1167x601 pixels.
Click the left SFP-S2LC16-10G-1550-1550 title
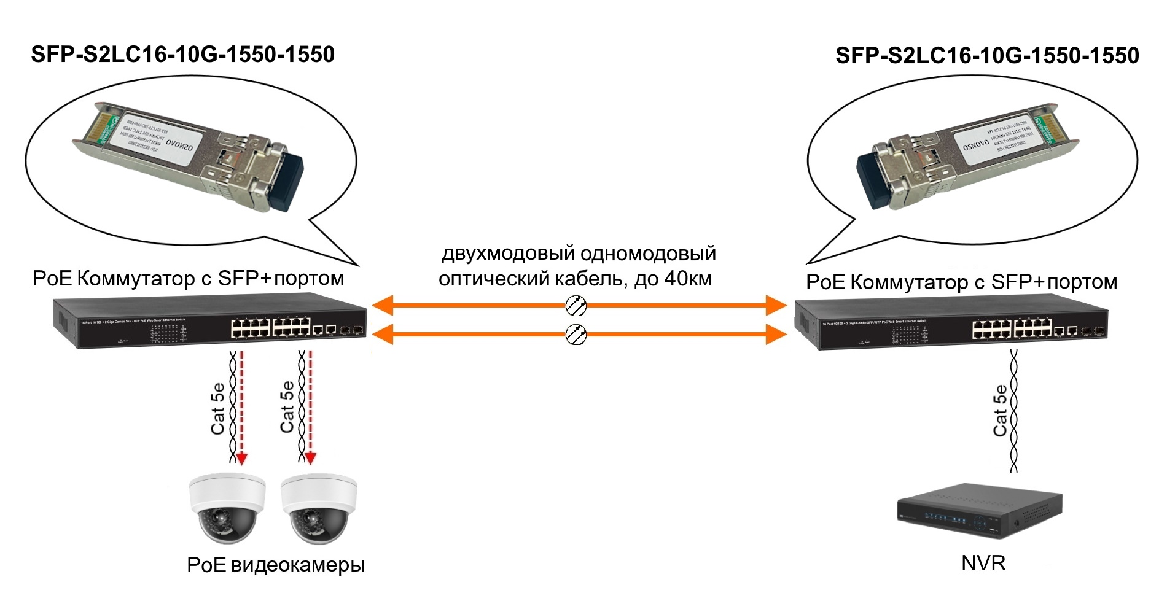coord(182,55)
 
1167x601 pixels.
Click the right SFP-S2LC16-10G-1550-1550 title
coord(987,56)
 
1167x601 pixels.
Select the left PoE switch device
coord(209,323)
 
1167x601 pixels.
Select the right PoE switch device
coord(951,325)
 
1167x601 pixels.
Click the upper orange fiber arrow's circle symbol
coord(576,305)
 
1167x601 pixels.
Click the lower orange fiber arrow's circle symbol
coord(576,335)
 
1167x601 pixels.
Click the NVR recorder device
coord(978,512)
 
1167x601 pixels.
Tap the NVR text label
coord(983,563)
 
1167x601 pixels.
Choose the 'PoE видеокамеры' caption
coord(276,565)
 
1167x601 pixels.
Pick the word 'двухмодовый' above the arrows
coord(508,254)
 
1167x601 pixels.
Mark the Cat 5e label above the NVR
coord(1000,410)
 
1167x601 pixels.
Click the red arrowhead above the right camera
coord(311,458)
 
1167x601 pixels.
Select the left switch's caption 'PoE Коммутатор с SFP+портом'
coord(189,279)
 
